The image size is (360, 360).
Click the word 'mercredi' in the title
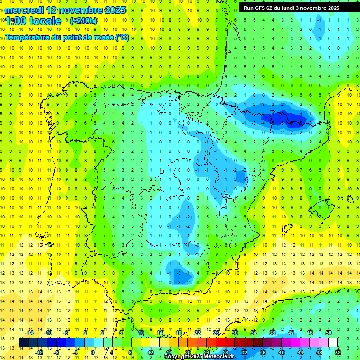click(x=24, y=9)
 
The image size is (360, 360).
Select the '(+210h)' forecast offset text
click(x=83, y=21)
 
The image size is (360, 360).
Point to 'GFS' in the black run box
click(x=261, y=8)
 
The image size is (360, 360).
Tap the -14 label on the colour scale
click(x=30, y=333)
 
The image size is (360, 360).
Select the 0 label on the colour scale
click(x=92, y=352)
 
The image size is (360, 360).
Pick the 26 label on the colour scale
click(x=216, y=333)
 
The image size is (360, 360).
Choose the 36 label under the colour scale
click(x=262, y=352)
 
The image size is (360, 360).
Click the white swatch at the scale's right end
click(x=333, y=343)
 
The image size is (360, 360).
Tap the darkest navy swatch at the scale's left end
click(x=23, y=343)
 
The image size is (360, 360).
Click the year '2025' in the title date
click(x=112, y=9)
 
